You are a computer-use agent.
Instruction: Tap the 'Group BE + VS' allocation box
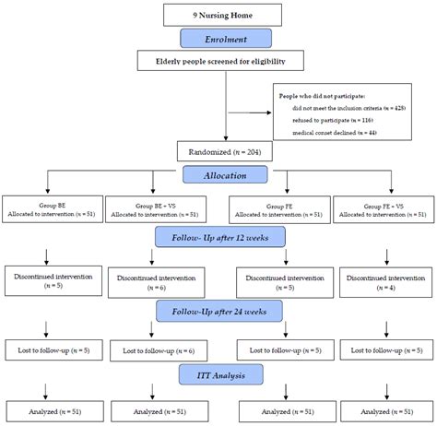[153, 208]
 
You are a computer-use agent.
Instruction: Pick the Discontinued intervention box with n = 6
[153, 280]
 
